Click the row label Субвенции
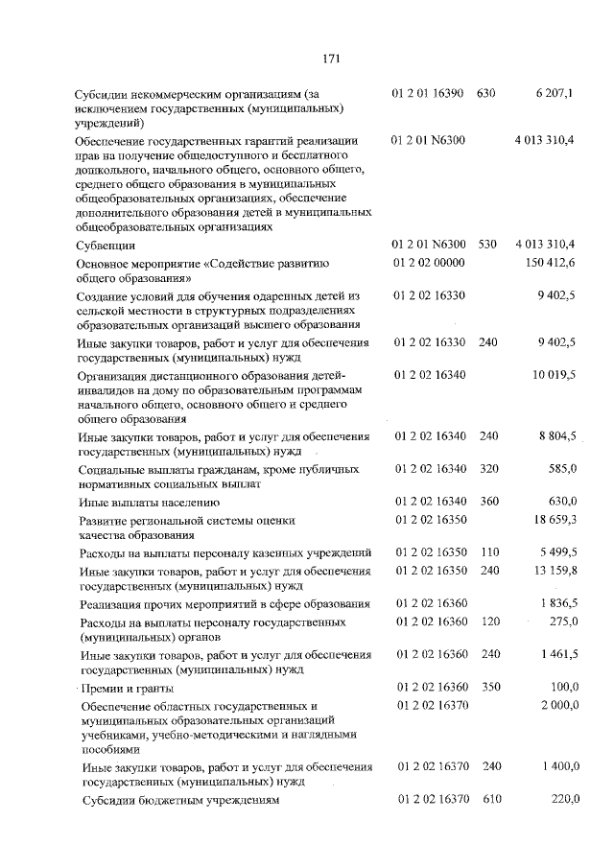(x=107, y=246)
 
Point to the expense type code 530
(x=486, y=245)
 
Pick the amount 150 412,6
(x=549, y=263)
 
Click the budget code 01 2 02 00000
(x=429, y=263)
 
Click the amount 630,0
(x=559, y=501)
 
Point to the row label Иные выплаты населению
(x=142, y=502)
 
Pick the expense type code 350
(x=488, y=688)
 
